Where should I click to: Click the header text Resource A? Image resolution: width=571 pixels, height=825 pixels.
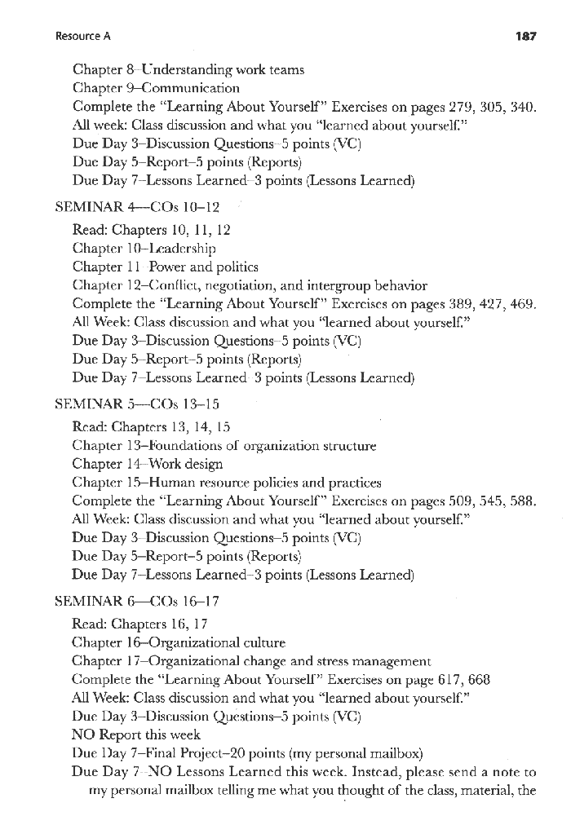click(x=83, y=37)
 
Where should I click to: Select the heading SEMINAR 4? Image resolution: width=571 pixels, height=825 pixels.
click(x=88, y=208)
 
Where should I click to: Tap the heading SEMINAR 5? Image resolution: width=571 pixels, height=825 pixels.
click(x=88, y=404)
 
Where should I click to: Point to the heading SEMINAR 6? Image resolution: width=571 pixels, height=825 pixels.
click(x=88, y=602)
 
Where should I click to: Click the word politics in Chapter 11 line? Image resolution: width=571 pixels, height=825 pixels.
click(x=237, y=267)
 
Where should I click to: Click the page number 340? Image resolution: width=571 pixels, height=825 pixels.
click(x=525, y=106)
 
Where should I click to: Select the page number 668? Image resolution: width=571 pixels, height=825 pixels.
click(x=478, y=680)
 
